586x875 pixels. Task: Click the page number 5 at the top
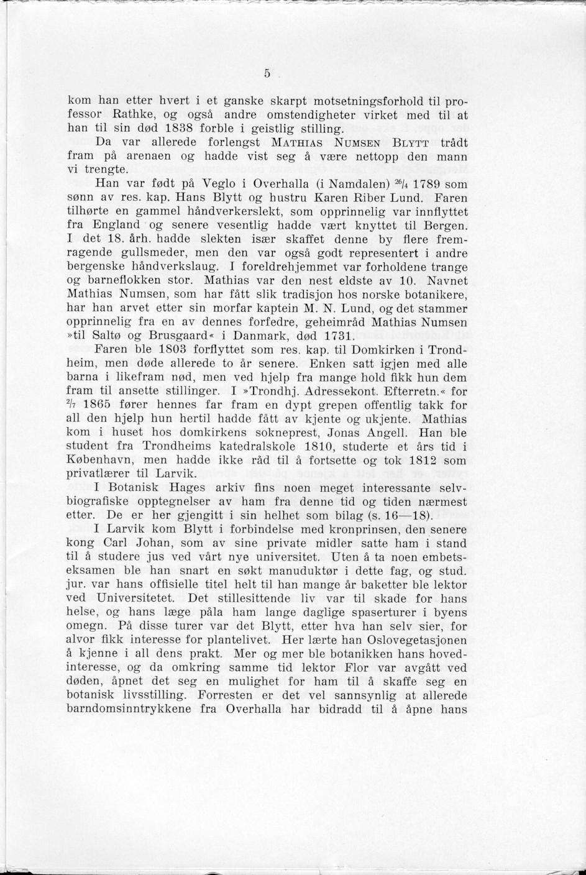click(267, 73)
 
